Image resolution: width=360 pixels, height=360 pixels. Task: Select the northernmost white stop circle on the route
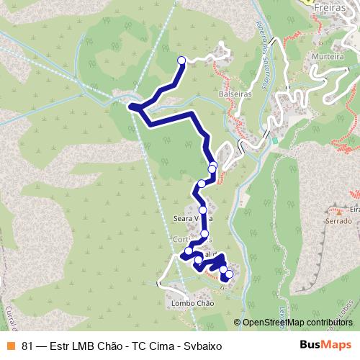coord(181,60)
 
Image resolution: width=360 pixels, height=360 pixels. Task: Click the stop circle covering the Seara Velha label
coord(204,210)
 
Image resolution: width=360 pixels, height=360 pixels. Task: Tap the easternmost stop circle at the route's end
coord(230,274)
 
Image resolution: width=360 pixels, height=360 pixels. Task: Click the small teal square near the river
coord(274,140)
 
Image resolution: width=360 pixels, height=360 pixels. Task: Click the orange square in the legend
coord(10,345)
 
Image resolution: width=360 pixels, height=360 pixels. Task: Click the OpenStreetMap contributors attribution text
coord(294,323)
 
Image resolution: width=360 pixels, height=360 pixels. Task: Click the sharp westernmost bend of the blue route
coord(131,107)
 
